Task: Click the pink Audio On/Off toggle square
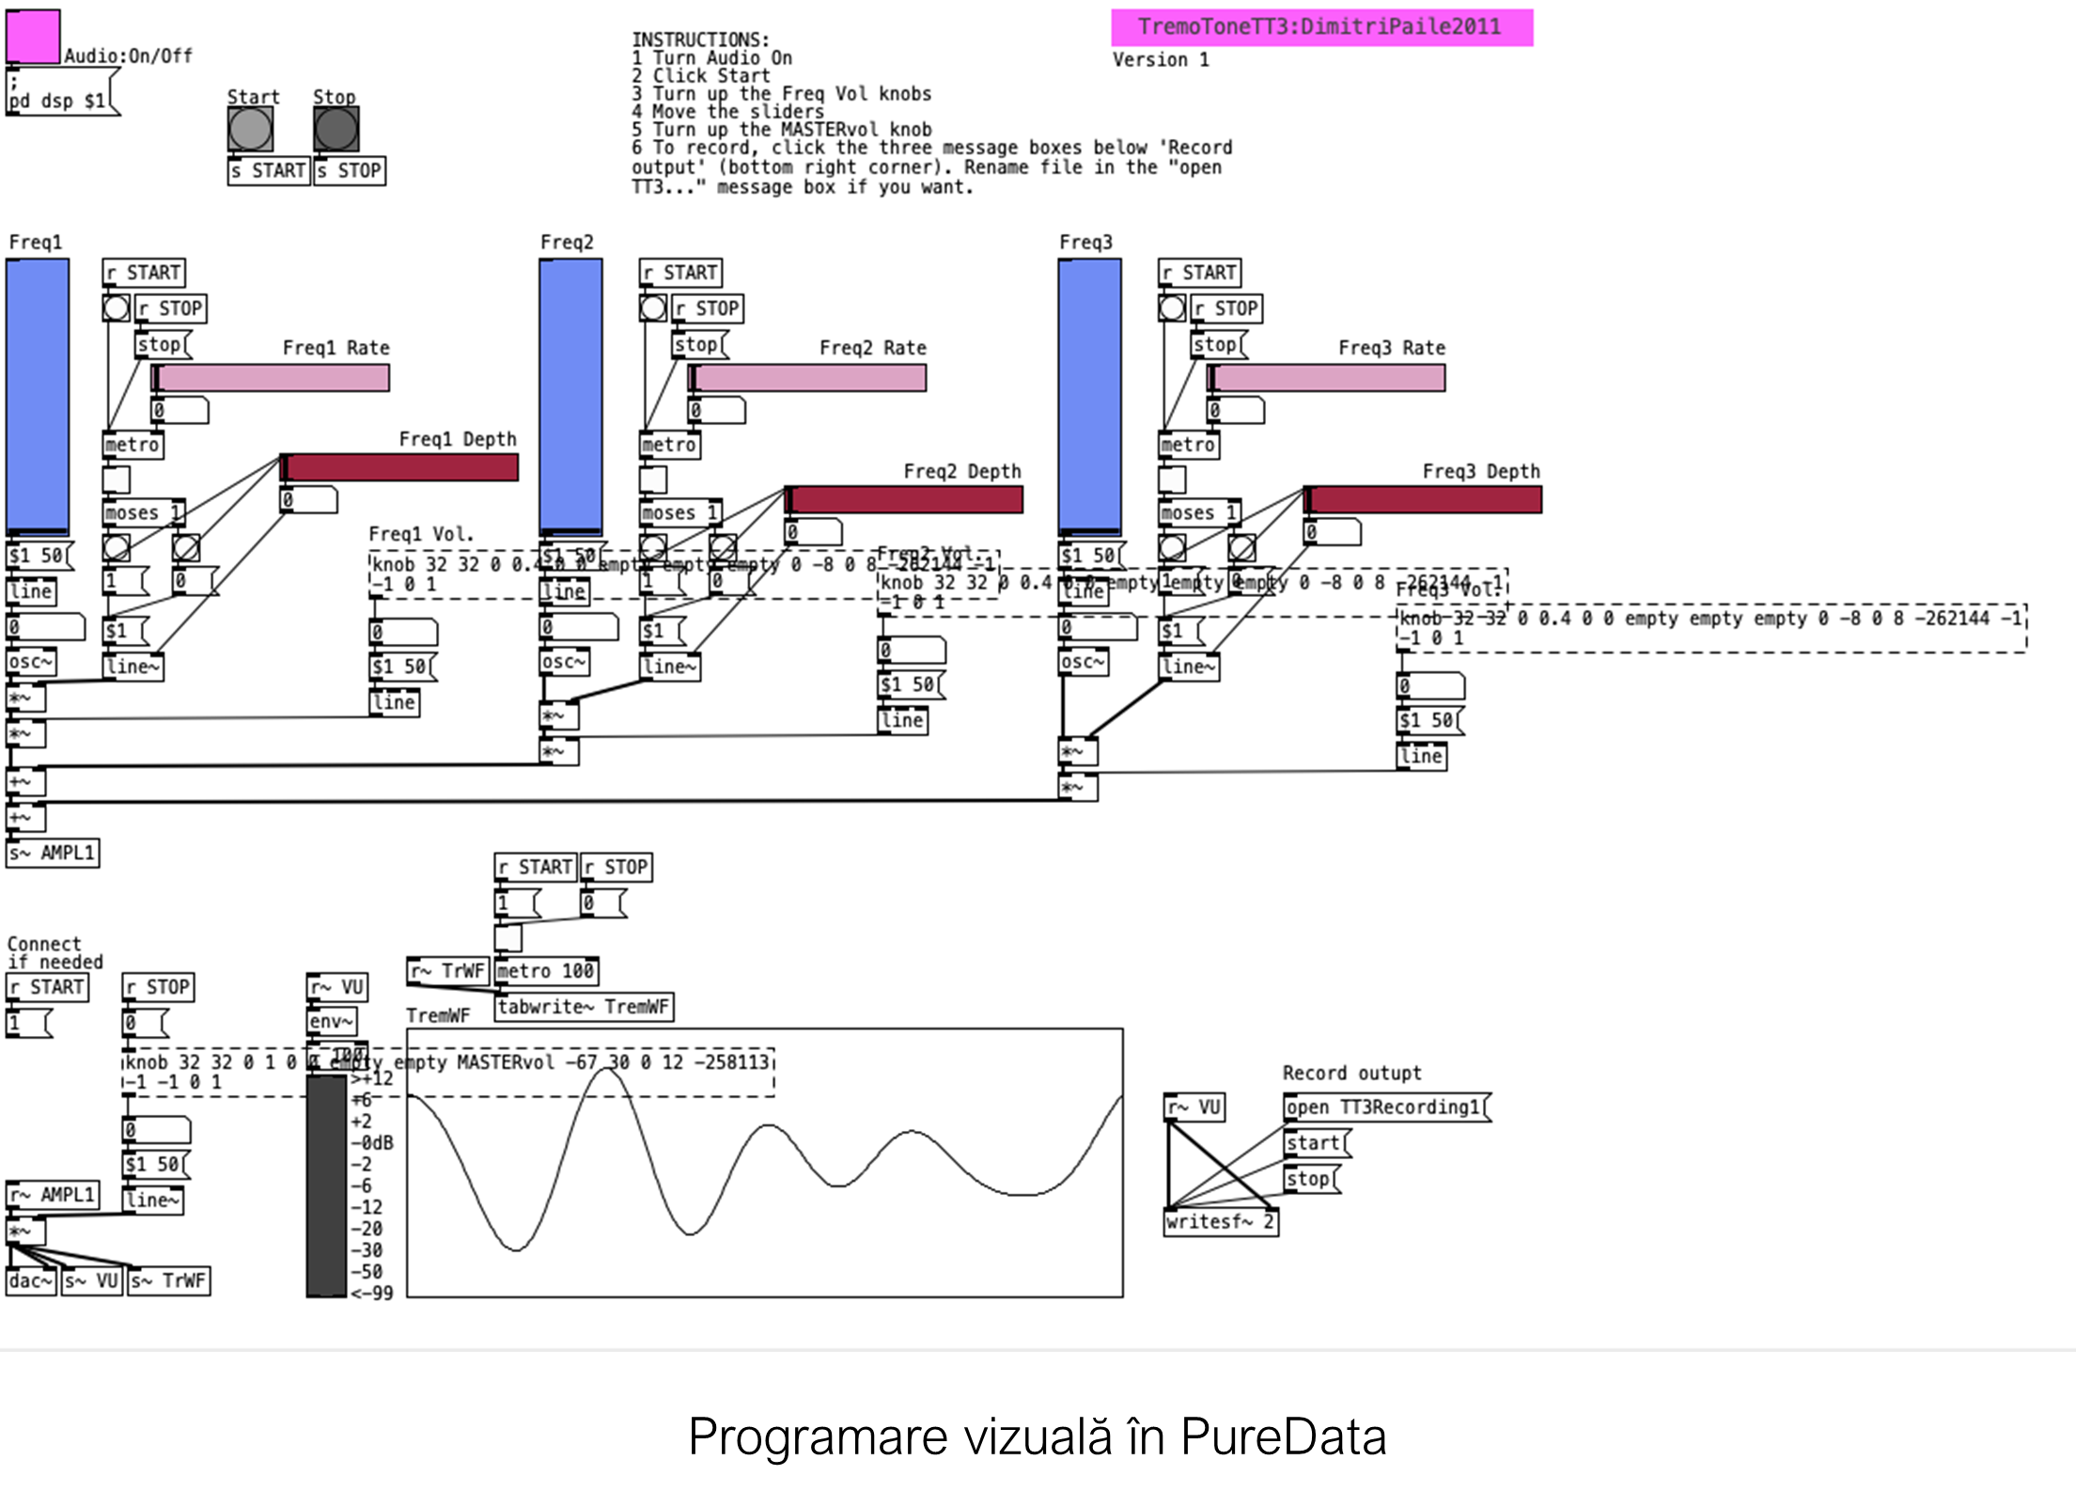pos(33,37)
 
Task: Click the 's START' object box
pos(269,171)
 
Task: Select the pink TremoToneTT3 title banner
pos(1321,27)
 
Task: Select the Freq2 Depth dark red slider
pos(904,500)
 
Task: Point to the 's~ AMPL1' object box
pos(53,854)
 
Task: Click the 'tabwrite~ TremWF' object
pos(584,1007)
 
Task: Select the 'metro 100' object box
pos(546,971)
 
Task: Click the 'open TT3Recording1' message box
pos(1384,1107)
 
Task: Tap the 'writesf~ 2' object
pos(1220,1222)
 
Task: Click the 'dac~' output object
pos(31,1280)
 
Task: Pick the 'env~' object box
pos(332,1021)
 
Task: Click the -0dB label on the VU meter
pos(372,1143)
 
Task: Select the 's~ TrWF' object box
pos(169,1280)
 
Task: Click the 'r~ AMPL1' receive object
pos(53,1195)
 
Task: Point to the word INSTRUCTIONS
pos(700,39)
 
